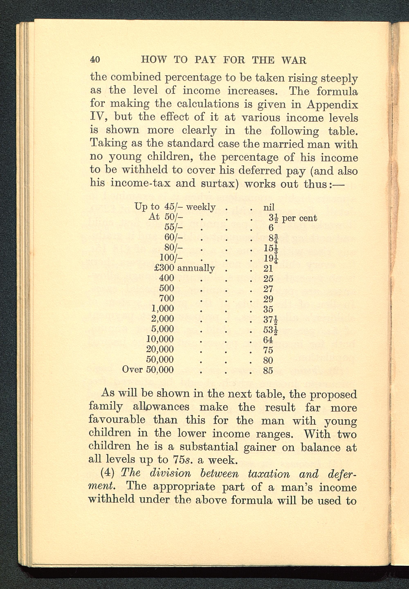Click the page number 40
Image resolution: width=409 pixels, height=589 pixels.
coord(95,60)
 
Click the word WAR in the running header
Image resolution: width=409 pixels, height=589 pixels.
coord(294,61)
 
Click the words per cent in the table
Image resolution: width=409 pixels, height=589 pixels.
coord(299,218)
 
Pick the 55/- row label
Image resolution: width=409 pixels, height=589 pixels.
coord(173,227)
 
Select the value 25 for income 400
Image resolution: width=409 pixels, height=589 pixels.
coord(268,279)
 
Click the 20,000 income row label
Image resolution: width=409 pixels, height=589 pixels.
coord(160,349)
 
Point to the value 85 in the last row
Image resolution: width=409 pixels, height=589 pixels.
coord(268,370)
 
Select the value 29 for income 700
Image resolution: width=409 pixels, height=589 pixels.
coord(268,299)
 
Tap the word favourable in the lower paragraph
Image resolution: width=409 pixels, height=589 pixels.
coord(117,420)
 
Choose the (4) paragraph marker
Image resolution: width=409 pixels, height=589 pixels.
coord(107,473)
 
